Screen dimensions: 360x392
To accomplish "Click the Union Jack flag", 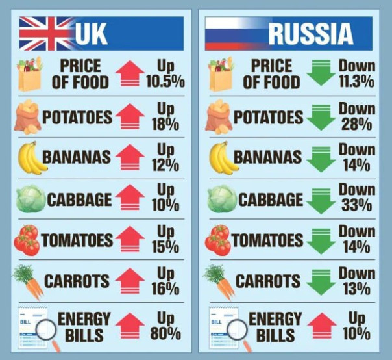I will coord(46,33).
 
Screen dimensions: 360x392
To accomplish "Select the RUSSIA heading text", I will coord(311,34).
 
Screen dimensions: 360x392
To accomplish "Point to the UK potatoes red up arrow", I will coord(130,116).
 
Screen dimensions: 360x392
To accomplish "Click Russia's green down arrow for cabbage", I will coord(321,199).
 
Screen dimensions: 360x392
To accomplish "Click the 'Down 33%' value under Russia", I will coord(356,198).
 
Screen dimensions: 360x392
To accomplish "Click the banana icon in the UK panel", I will coord(30,158).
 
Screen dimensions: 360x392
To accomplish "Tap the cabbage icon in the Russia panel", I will coord(222,199).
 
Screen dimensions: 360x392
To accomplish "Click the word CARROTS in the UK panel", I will coord(77,281).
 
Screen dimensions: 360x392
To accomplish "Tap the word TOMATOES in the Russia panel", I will coord(267,240).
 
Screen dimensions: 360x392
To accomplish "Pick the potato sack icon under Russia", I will coord(222,118).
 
